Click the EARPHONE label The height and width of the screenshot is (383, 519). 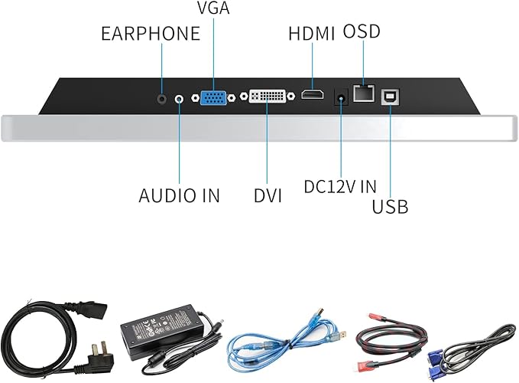tap(150, 34)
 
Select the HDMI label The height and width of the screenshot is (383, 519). tap(313, 34)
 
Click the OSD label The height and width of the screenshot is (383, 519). tap(362, 32)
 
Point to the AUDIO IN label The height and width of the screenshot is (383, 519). tap(179, 195)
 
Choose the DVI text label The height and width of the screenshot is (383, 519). tap(268, 196)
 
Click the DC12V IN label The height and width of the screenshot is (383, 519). tap(340, 186)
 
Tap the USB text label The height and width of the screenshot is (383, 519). tap(390, 206)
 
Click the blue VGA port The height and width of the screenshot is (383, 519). tap(213, 98)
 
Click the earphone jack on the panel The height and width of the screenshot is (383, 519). tap(161, 97)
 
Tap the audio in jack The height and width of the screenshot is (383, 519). tap(180, 98)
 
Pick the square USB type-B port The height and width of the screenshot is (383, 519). tap(390, 96)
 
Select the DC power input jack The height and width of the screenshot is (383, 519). tap(341, 97)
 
